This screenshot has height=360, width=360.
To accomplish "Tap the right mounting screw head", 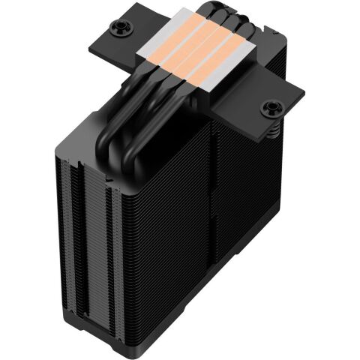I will pyautogui.click(x=268, y=109).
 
